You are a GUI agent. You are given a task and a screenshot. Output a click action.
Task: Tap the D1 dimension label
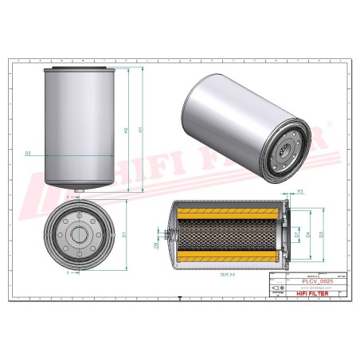tap(124, 235)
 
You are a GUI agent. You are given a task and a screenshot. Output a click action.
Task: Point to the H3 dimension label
tap(300, 192)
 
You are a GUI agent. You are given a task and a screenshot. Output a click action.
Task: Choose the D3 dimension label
tap(321, 234)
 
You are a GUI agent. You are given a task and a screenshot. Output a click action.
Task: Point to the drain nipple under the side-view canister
tap(76, 191)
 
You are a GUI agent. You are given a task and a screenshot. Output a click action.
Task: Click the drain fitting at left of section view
tap(165, 235)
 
